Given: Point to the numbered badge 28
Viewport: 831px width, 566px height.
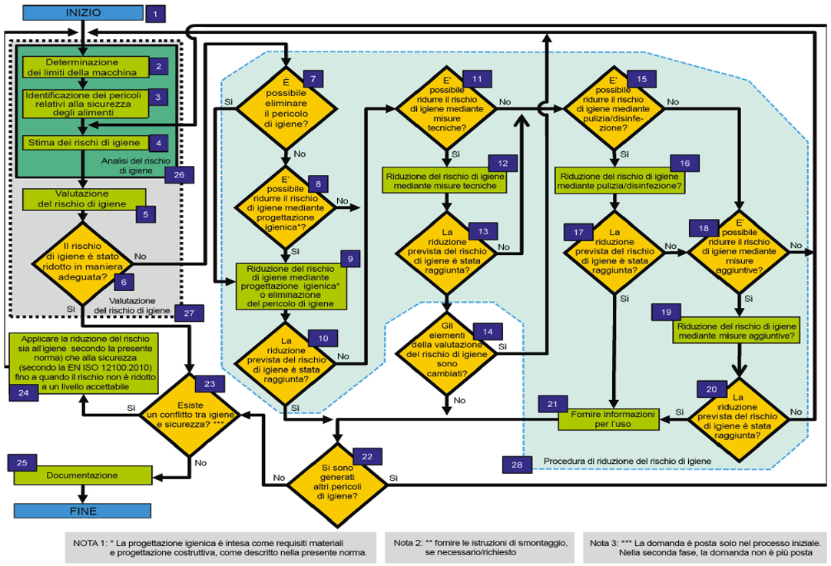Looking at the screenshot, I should point(514,463).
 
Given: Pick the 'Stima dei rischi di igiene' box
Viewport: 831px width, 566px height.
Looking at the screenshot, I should point(84,142).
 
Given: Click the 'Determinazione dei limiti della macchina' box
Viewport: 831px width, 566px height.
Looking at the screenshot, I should point(82,68).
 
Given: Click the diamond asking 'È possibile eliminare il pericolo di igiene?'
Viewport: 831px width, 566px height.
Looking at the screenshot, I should point(285,108).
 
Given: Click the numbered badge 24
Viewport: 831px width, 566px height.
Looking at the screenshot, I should point(22,392).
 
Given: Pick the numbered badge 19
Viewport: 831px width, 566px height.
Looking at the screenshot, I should point(666,313).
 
